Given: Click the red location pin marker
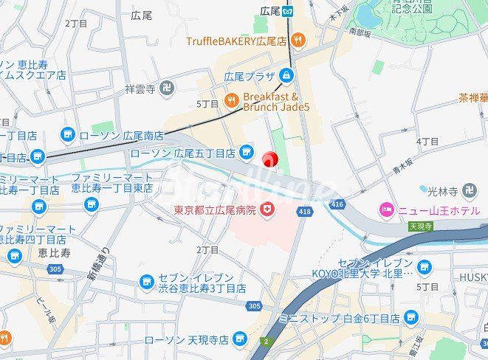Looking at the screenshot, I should (x=270, y=159).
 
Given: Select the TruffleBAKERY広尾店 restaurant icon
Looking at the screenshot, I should (x=297, y=41).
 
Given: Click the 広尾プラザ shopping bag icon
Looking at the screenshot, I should (x=286, y=76).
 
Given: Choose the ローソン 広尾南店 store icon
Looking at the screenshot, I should (x=68, y=135).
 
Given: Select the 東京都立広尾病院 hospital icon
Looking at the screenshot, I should (x=267, y=211).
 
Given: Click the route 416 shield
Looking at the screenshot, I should (x=338, y=202).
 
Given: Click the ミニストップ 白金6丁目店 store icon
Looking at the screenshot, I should (x=412, y=318).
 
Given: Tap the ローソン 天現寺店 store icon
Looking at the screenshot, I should (x=239, y=339).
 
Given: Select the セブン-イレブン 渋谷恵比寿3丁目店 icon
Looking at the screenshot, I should (x=146, y=282).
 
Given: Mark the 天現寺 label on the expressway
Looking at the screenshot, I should (x=420, y=226).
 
